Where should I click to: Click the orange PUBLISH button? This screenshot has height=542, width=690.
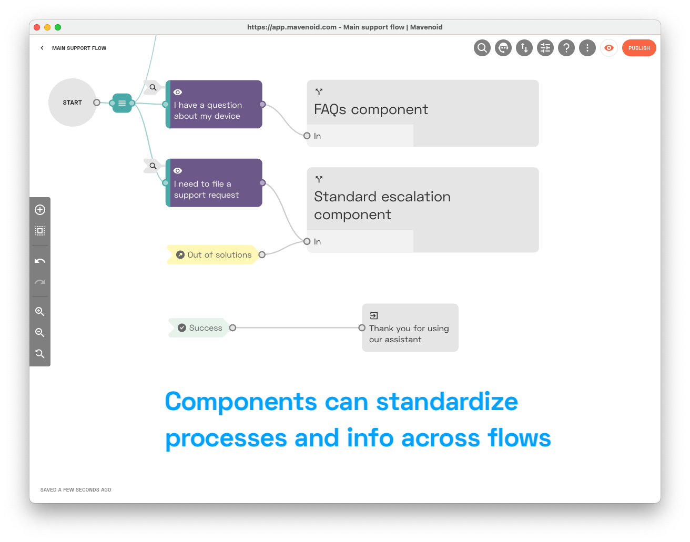pos(638,48)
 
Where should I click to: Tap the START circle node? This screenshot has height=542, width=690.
pos(73,103)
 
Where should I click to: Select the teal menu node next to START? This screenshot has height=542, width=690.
pos(122,103)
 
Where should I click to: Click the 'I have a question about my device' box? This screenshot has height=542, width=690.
pos(214,104)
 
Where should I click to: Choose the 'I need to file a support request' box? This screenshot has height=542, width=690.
pos(214,183)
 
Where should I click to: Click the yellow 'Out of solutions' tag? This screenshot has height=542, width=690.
pos(213,254)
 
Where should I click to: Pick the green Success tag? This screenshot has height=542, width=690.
pos(199,328)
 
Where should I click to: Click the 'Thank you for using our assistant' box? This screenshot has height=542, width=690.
pos(410,328)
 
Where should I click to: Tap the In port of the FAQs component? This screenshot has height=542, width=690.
pos(307,136)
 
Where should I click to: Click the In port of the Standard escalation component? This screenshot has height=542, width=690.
pos(307,241)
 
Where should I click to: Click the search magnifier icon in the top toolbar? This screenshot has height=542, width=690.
pos(482,48)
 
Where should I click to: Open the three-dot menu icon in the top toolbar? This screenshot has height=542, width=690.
pos(587,48)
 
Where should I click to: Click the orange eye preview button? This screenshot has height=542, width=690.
pos(608,48)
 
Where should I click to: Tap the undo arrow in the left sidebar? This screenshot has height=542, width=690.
pos(39,261)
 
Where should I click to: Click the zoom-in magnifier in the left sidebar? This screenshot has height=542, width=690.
pos(39,311)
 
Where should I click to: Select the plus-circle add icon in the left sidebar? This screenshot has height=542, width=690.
pos(39,210)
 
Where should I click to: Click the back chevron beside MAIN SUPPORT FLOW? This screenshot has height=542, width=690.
pos(42,48)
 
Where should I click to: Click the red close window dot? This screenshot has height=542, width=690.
pos(37,27)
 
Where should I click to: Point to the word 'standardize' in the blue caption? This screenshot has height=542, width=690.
pos(447,402)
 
